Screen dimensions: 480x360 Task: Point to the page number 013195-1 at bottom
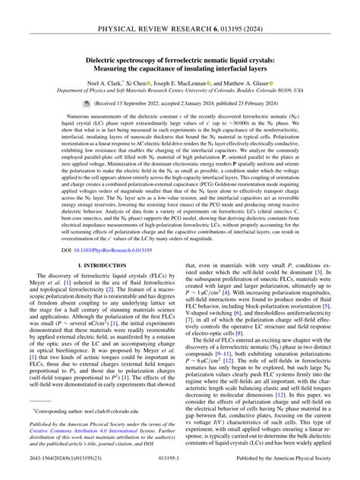tap(179, 471)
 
